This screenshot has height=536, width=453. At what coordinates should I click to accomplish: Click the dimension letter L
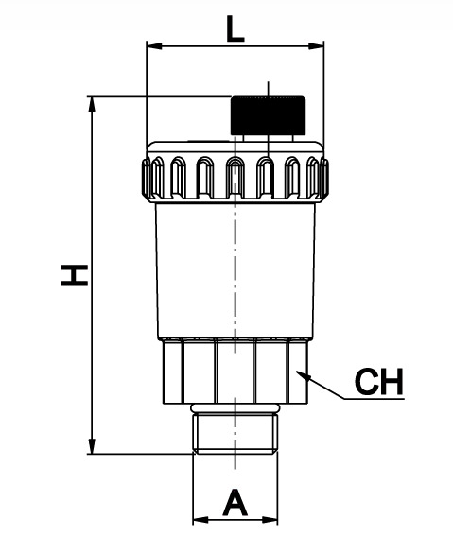coord(235,30)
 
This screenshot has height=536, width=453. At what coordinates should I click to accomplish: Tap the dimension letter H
coord(75,275)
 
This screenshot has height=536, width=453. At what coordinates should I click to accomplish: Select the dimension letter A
coord(235,502)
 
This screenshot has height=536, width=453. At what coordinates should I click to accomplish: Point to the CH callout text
coord(379,381)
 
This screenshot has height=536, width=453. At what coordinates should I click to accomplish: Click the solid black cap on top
coord(268,115)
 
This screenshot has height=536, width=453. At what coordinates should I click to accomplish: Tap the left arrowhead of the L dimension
coord(154,45)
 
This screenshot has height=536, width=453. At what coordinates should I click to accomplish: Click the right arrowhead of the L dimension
coord(316,45)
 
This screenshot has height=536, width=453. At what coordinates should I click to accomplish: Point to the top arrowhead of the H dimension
coord(92,104)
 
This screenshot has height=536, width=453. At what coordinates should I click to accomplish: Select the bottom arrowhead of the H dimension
coord(92,446)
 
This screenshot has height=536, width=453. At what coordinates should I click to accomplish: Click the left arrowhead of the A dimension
coord(200,520)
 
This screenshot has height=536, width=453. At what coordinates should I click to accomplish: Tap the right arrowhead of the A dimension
coord(270,520)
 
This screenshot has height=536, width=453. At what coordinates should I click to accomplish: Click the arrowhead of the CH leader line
coord(303,375)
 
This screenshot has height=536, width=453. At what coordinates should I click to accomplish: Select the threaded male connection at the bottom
coord(235,434)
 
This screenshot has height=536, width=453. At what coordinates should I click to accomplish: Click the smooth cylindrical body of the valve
coord(235,270)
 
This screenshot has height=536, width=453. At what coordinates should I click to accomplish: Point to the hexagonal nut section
coord(235,371)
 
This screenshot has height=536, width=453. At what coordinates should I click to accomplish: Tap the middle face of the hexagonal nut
coord(235,372)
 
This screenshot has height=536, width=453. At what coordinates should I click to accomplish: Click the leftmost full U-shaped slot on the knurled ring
coord(178,177)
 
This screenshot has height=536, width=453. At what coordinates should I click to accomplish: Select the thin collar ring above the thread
coord(235,408)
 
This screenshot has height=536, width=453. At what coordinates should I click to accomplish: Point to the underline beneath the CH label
coord(374,399)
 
